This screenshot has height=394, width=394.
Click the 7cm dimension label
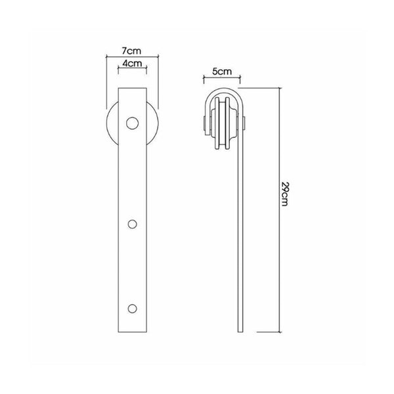pyautogui.click(x=132, y=51)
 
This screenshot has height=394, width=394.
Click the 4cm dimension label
pyautogui.click(x=132, y=64)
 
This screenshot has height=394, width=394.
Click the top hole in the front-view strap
pyautogui.click(x=132, y=123)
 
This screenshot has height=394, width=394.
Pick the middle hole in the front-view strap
pyautogui.click(x=132, y=224)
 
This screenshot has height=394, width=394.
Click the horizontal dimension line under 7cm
pyautogui.click(x=132, y=56)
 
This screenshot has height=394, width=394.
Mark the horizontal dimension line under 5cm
pyautogui.click(x=221, y=77)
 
